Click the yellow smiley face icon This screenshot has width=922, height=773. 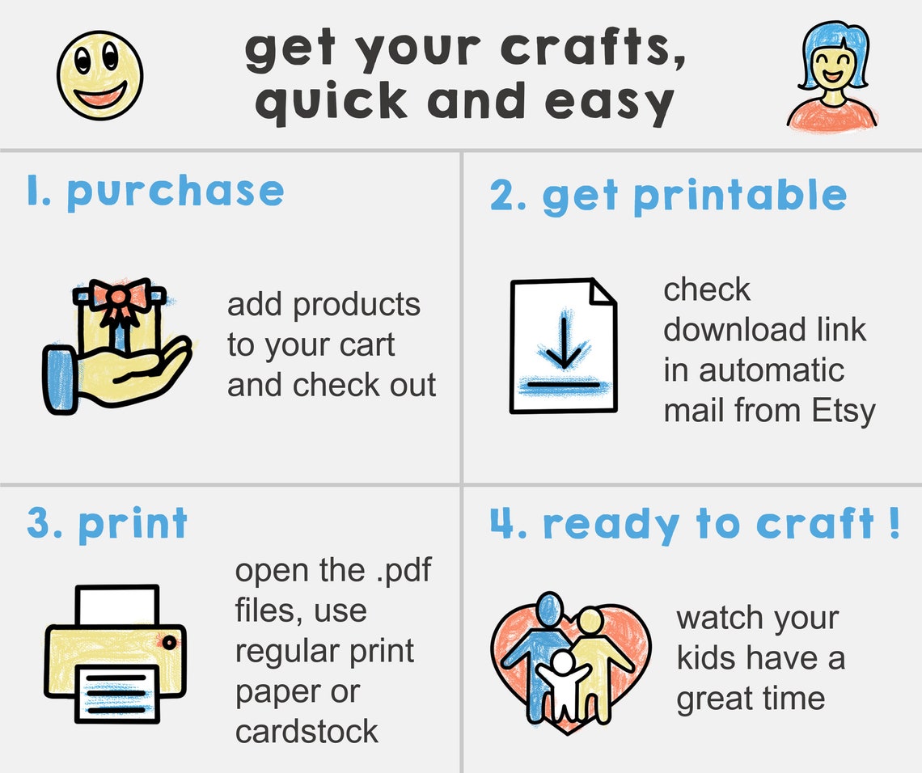99,74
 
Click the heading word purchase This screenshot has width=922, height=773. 175,192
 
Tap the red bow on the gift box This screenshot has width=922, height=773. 121,296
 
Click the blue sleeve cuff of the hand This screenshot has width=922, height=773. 57,378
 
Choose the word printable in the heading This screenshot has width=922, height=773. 739,196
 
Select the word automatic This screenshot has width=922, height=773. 754,370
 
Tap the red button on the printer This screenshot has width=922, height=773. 169,642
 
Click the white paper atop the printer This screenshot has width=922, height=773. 117,605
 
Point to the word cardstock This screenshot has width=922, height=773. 307,732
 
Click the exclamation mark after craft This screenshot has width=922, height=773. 892,523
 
